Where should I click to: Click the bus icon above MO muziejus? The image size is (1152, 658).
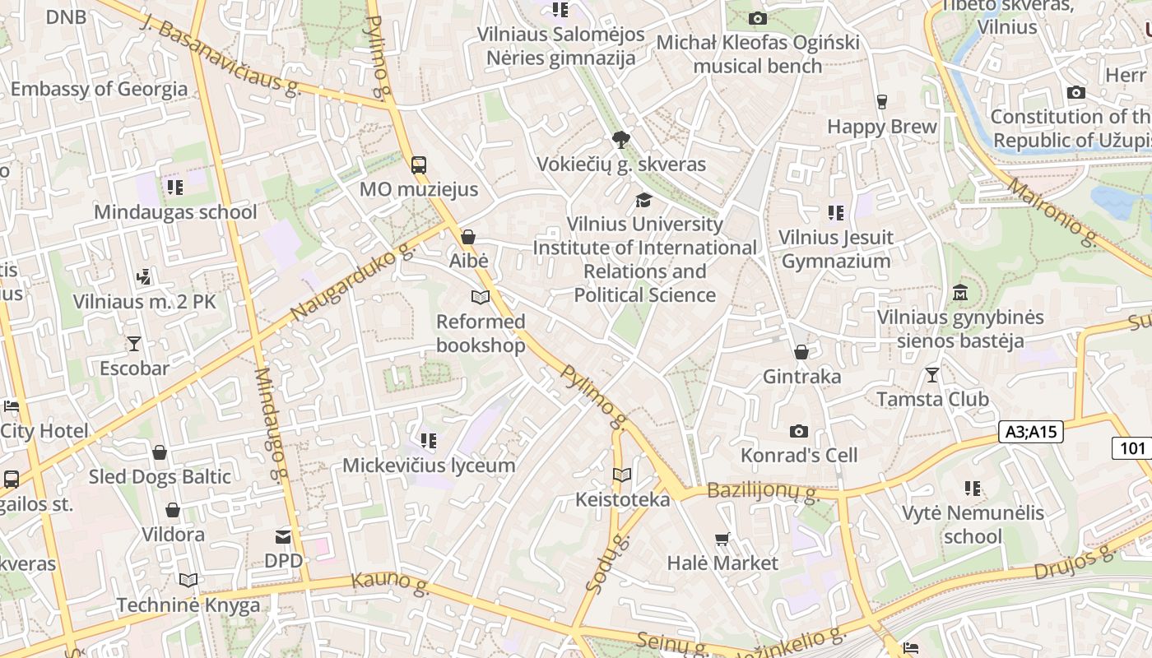[419, 165]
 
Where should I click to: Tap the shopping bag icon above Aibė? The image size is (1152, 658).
[468, 237]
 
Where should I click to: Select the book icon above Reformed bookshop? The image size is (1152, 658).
[480, 297]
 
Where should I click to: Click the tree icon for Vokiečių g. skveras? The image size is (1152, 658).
[621, 140]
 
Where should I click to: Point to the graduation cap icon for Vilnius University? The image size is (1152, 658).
[643, 200]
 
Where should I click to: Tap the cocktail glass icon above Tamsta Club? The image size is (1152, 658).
[931, 375]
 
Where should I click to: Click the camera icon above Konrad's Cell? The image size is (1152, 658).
[798, 431]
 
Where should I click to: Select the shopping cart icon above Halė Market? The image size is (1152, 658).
[722, 539]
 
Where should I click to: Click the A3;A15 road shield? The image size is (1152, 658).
[1033, 432]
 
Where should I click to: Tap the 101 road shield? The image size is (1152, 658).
[1132, 448]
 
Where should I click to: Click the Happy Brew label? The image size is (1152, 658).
[882, 127]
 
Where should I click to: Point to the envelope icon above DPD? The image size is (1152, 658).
[283, 537]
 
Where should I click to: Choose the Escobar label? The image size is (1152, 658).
[134, 368]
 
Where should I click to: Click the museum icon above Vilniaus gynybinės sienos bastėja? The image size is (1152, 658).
[959, 293]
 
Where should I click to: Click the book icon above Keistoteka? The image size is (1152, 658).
[622, 475]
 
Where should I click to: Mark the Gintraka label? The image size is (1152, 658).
[801, 377]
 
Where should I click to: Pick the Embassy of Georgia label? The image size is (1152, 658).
[99, 89]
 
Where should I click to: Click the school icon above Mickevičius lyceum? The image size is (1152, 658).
[428, 441]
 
